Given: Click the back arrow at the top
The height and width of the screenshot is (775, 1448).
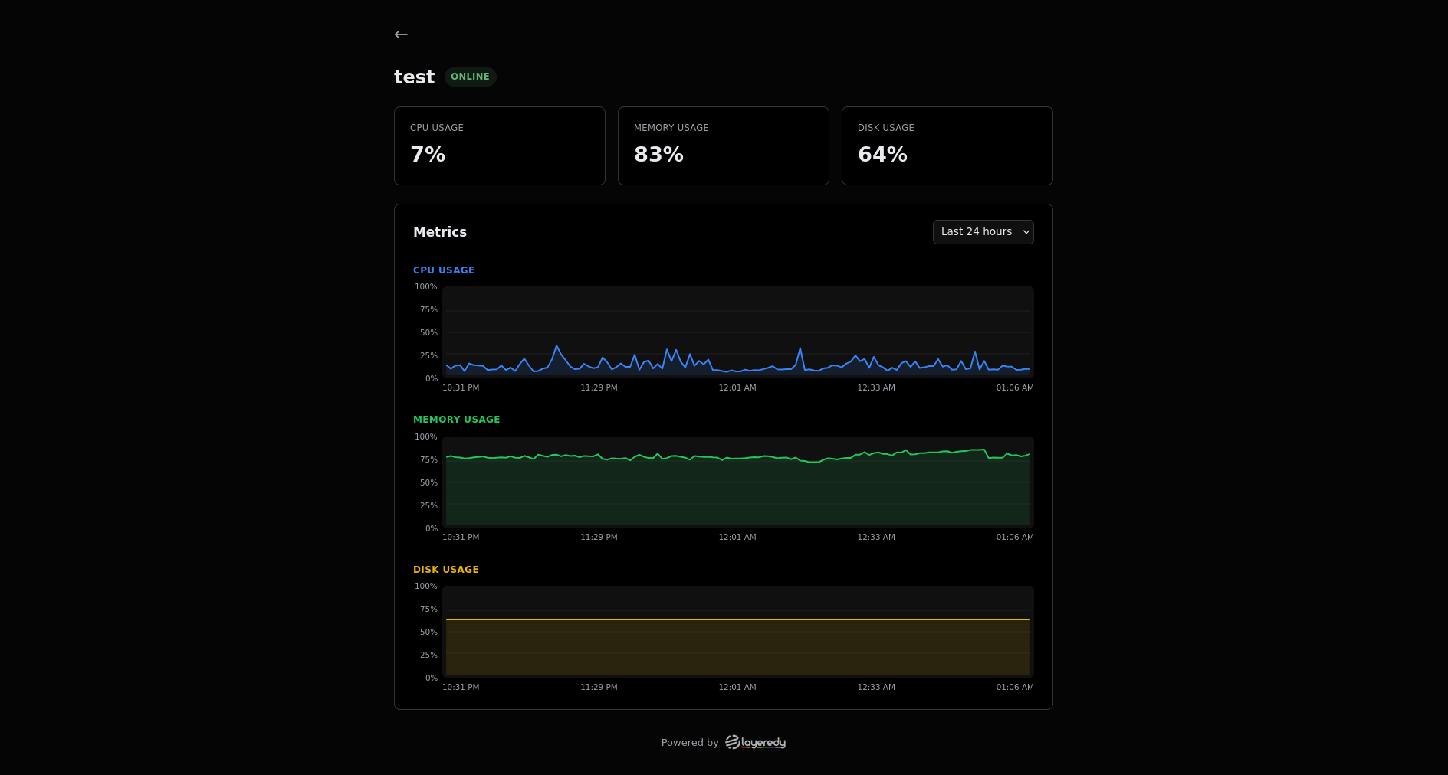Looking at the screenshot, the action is [x=401, y=34].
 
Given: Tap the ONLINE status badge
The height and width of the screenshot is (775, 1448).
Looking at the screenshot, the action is [x=470, y=77].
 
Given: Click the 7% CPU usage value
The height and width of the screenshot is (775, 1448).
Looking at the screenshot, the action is [x=428, y=155].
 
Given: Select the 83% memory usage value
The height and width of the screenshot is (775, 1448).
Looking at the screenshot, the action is [x=658, y=155].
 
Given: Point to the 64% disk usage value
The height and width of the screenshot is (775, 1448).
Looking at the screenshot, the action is [x=882, y=155].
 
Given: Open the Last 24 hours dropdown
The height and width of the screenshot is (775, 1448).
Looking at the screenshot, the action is [x=983, y=232].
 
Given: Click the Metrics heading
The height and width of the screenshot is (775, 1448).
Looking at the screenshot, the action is [x=440, y=232].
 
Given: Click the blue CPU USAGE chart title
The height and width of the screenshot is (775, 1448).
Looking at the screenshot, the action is [x=444, y=270].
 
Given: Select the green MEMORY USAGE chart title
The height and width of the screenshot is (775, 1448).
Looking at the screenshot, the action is [x=456, y=420].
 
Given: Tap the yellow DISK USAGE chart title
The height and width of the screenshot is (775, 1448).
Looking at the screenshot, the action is [x=445, y=570].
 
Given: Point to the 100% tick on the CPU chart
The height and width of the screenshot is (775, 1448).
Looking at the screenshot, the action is [x=426, y=287].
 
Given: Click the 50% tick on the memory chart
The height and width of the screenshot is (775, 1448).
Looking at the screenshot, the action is [x=428, y=483].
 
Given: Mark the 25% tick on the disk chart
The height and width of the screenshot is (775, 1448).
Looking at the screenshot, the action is [x=428, y=656].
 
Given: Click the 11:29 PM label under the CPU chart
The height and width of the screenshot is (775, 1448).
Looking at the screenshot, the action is [x=599, y=388].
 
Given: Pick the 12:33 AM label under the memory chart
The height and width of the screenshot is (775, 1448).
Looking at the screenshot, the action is [x=876, y=538].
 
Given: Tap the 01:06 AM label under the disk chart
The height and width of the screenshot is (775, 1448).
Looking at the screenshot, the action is [x=1015, y=688].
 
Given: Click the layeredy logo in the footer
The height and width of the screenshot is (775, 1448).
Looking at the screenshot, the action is [x=755, y=742].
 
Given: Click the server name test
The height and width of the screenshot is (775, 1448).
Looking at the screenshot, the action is [x=414, y=77].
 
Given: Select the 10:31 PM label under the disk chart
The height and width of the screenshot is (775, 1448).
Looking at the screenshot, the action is [x=461, y=688].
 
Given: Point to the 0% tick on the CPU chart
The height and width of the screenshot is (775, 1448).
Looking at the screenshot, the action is [x=432, y=379].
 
